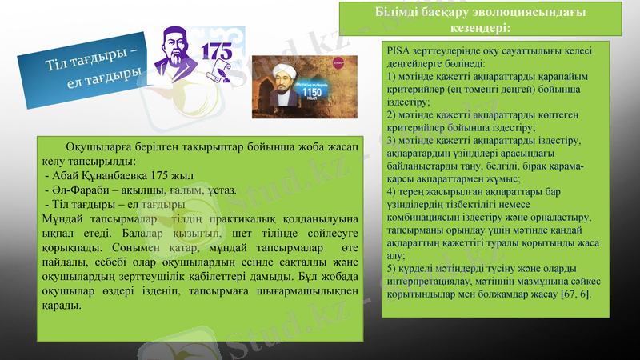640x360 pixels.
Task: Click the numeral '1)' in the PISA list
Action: click(391, 76)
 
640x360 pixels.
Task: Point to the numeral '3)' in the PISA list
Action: click(391, 141)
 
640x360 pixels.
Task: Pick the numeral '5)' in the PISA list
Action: click(391, 269)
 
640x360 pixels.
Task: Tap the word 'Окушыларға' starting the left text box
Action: click(99, 146)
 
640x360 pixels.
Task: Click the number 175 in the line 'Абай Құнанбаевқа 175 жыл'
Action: click(161, 174)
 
